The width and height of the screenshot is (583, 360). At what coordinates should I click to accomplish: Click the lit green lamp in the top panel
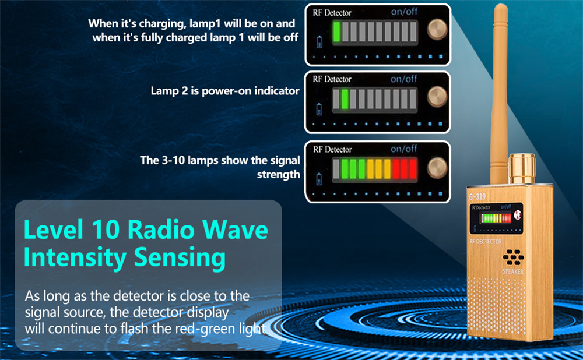pyautogui.click(x=337, y=31)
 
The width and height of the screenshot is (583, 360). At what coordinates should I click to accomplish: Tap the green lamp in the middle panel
pyautogui.click(x=345, y=99)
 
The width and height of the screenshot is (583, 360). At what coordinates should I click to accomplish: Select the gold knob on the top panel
pyautogui.click(x=437, y=29)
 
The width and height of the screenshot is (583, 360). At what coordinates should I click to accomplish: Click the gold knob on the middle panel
pyautogui.click(x=437, y=97)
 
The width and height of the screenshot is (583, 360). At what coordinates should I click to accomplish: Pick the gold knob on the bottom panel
pyautogui.click(x=437, y=168)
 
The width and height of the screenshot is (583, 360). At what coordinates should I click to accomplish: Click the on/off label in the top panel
pyautogui.click(x=404, y=12)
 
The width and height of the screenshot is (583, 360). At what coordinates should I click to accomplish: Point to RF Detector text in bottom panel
pyautogui.click(x=332, y=149)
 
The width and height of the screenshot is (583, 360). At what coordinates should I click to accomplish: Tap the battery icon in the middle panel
pyautogui.click(x=319, y=110)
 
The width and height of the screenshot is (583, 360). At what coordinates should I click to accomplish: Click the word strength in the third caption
pyautogui.click(x=279, y=175)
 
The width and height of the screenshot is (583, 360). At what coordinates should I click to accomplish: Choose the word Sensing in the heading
pyautogui.click(x=180, y=258)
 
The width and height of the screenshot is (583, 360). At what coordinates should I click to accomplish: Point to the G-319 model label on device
pyautogui.click(x=477, y=196)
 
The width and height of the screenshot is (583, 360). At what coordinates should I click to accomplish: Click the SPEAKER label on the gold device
pyautogui.click(x=513, y=271)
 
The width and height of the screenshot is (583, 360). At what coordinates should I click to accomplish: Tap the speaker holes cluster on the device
pyautogui.click(x=514, y=257)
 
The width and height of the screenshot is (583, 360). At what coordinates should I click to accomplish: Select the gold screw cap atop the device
pyautogui.click(x=522, y=168)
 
